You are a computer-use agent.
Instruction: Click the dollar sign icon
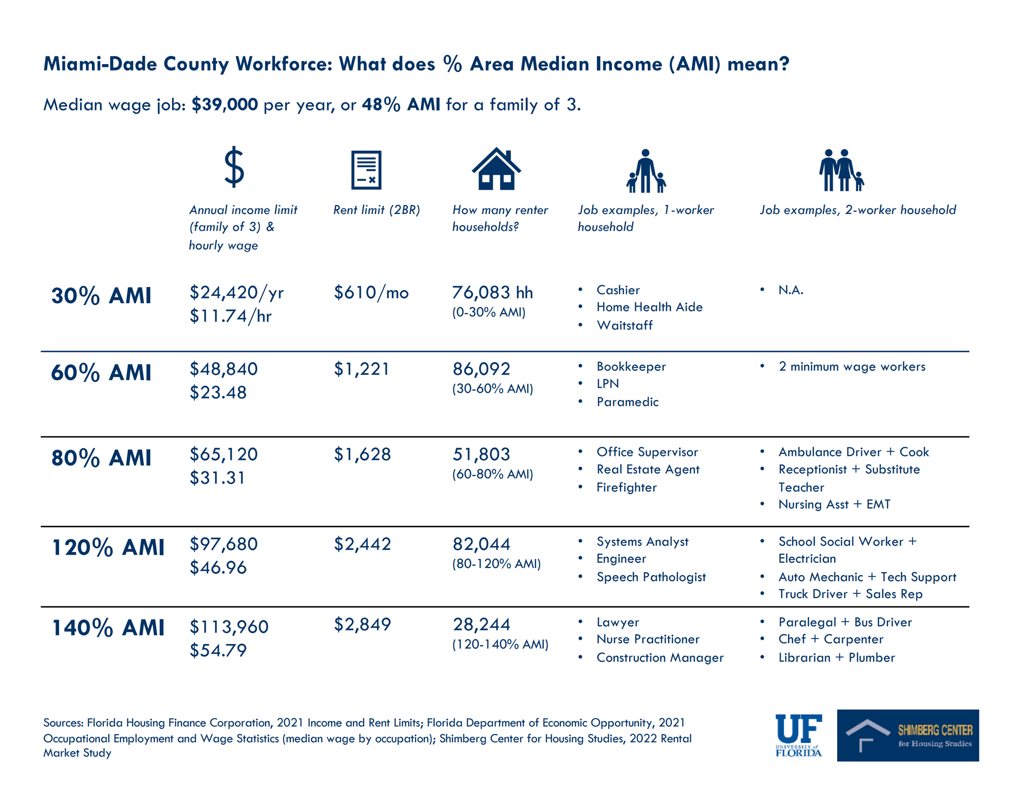pos(234,167)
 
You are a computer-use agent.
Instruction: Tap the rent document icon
pos(366,170)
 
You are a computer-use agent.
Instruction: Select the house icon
pos(496,169)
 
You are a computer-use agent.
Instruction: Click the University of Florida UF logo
pos(798,735)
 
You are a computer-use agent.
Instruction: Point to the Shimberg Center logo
pos(907,735)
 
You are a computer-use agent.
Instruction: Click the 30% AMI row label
pos(101,296)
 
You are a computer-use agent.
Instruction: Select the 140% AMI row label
pos(108,628)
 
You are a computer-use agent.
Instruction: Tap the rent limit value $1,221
pos(361,369)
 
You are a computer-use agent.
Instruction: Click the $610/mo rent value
pos(371,292)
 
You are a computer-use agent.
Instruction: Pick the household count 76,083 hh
pos(492,292)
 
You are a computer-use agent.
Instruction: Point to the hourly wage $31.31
pos(217,478)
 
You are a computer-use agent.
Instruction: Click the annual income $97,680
pos(223,544)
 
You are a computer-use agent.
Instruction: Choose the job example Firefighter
pos(626,488)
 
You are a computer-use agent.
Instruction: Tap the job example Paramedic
pos(627,402)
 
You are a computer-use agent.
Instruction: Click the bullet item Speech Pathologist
pos(651,577)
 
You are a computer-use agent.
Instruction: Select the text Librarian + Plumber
pos(836,658)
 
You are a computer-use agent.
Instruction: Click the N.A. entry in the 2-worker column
pos(790,290)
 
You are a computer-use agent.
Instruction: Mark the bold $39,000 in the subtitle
pos(225,104)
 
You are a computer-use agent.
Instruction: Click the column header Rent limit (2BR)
pos(376,209)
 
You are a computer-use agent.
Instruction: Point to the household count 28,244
pos(481,624)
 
